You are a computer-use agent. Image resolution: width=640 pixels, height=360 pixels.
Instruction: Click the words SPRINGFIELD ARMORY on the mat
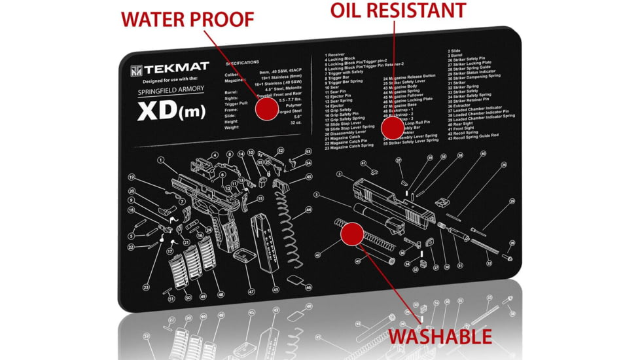171,90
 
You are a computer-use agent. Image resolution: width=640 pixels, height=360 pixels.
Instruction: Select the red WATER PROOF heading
187,19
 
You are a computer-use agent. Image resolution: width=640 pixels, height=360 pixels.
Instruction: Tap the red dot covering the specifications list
265,109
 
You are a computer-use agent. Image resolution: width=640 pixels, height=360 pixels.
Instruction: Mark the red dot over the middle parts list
394,128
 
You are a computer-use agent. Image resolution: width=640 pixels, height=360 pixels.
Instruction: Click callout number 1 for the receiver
158,159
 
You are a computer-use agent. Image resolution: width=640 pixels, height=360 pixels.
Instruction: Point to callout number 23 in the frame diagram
146,287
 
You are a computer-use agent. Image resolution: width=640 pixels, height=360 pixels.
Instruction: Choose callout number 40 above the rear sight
483,154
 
